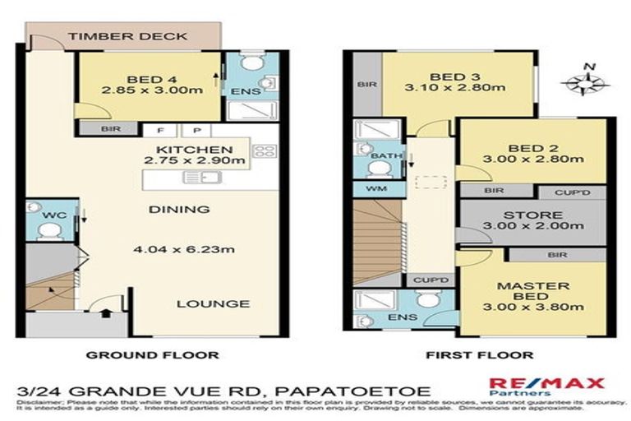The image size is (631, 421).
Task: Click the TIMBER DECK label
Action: click(x=127, y=37)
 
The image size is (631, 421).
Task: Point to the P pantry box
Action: click(x=196, y=130)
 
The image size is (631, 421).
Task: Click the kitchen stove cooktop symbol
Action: click(x=264, y=150)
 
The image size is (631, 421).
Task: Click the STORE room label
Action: click(x=534, y=216)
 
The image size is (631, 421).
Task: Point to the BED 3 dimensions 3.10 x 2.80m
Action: click(x=458, y=86)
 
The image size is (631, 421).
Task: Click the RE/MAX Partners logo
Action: click(x=546, y=387)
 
